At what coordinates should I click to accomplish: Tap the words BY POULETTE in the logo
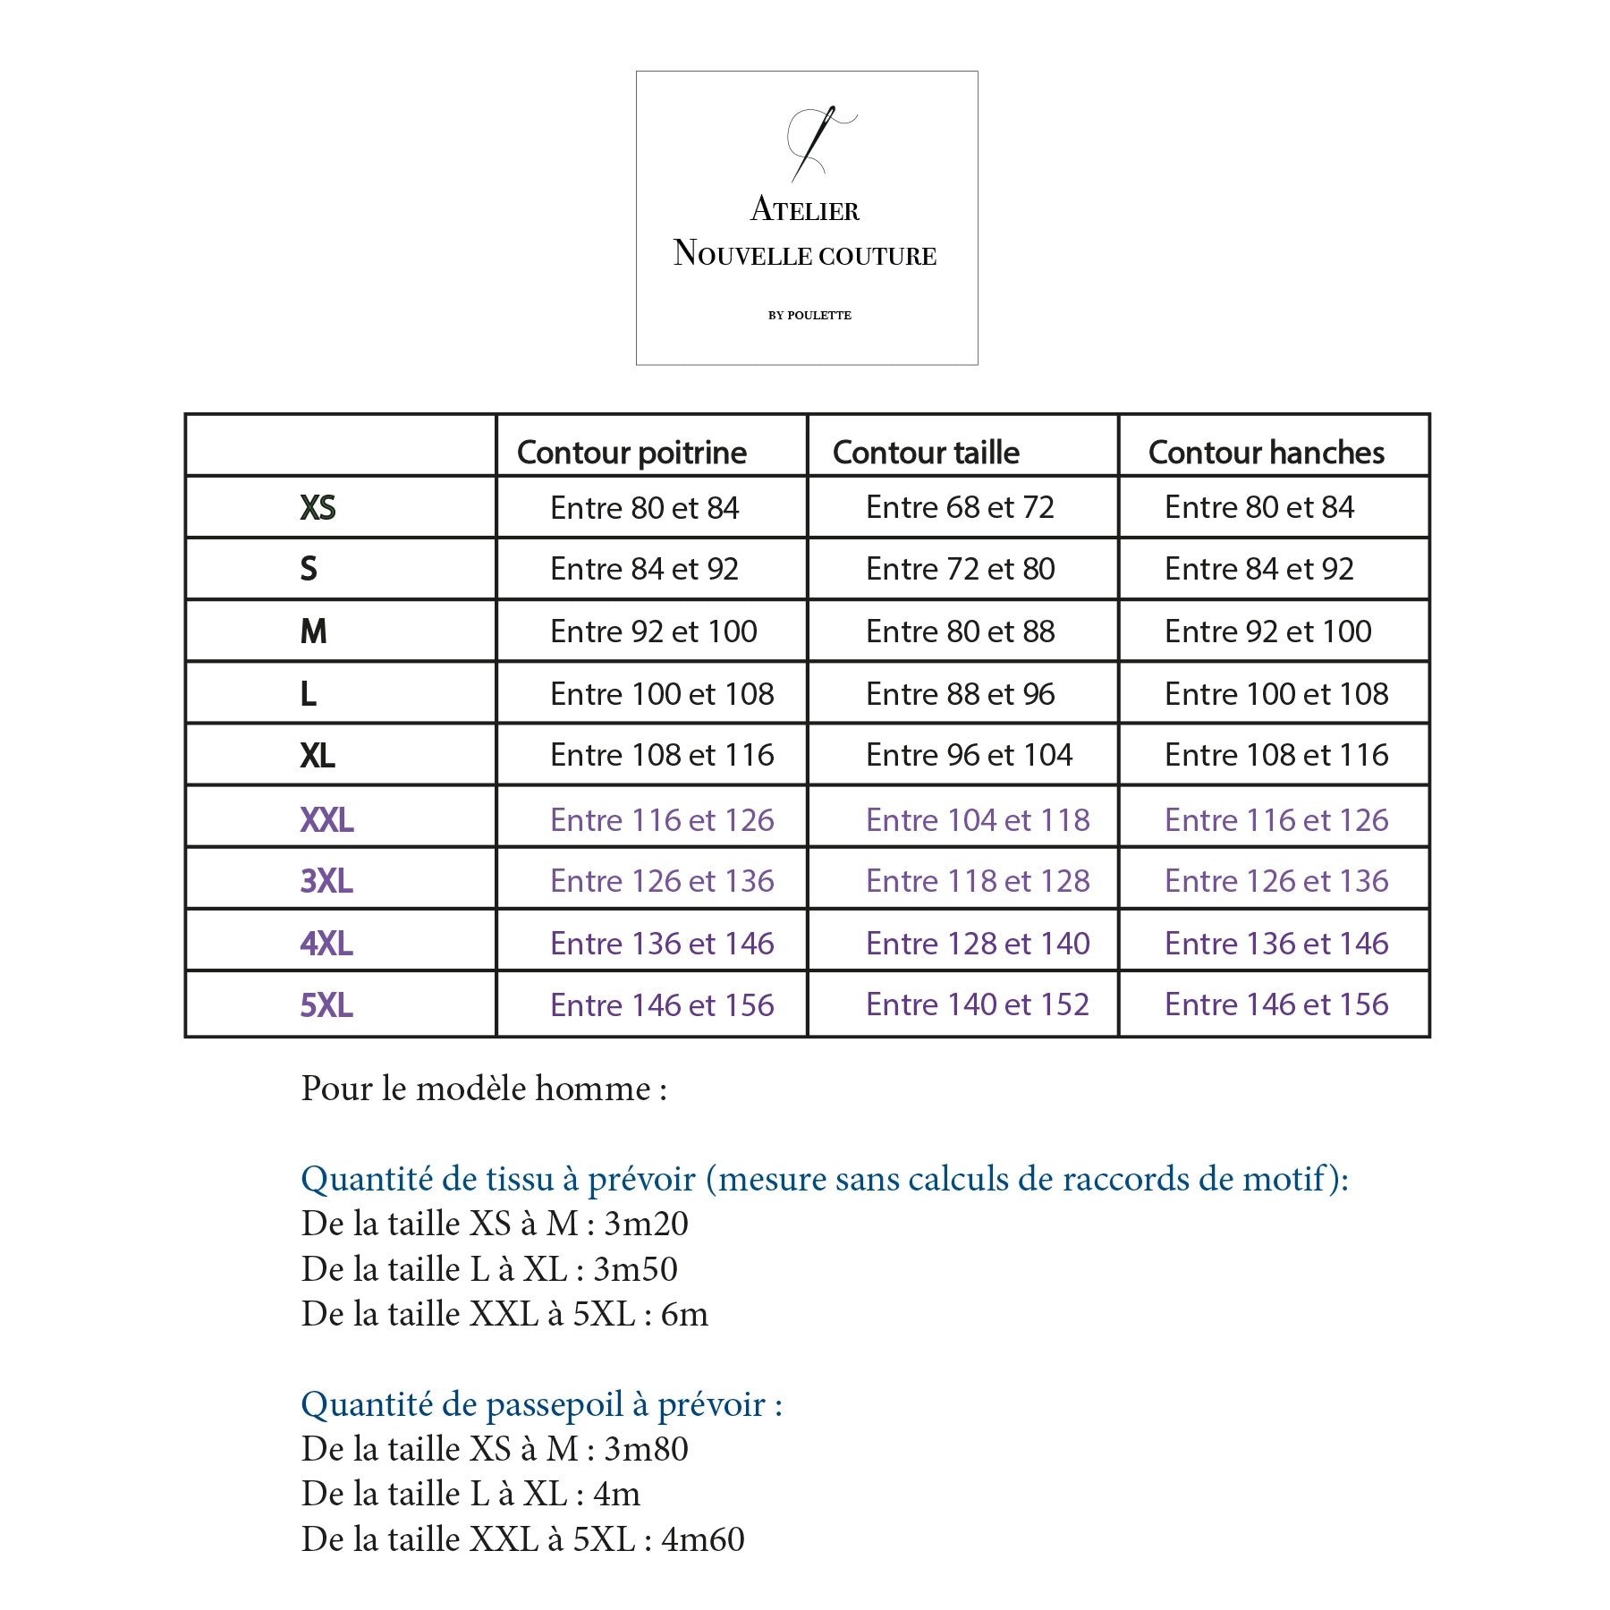coord(809,315)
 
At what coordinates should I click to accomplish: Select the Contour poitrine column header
coord(631,453)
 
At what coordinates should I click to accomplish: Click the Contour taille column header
coord(926,453)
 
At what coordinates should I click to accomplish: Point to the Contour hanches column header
coord(1266,453)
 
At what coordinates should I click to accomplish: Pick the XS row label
coord(318,508)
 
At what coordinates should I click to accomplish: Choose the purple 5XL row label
coord(326,1005)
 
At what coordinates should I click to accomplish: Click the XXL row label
coord(326,819)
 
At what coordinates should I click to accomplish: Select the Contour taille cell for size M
coord(960,631)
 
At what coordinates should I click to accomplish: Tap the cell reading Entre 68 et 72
coord(960,508)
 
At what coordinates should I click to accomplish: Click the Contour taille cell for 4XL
coord(978,944)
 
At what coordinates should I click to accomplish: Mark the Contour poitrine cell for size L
coord(662,694)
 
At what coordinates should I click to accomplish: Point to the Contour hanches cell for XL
coord(1276,755)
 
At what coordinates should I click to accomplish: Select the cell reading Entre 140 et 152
coord(978,1004)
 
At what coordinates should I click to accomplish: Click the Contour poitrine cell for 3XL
coord(662,881)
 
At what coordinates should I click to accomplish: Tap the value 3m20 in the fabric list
coord(646,1224)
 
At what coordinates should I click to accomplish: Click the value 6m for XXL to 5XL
coord(684,1314)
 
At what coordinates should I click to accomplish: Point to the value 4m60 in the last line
coord(702,1539)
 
